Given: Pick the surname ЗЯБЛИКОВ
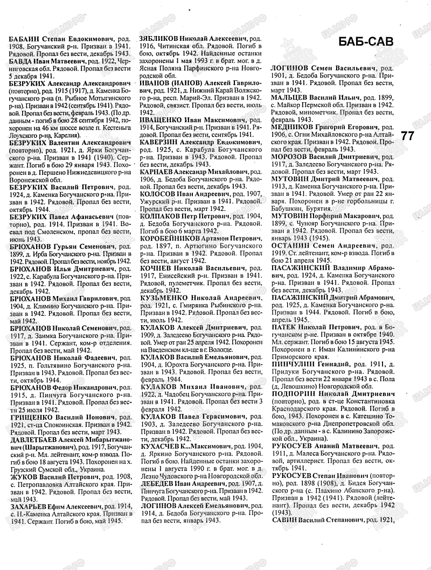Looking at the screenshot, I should [159, 40].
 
